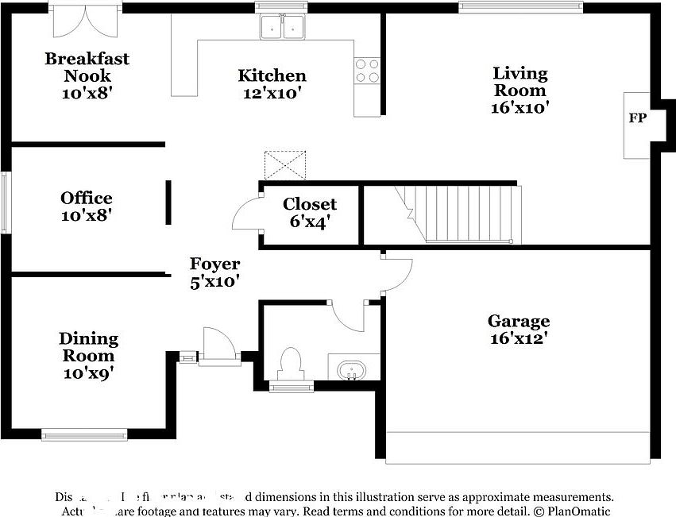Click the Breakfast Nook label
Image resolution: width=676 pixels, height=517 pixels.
pyautogui.click(x=87, y=75)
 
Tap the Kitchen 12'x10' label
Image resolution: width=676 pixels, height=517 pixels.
pyautogui.click(x=272, y=83)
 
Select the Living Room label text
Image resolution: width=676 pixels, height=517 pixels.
pyautogui.click(x=520, y=90)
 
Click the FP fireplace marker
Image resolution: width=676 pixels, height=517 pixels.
pyautogui.click(x=637, y=118)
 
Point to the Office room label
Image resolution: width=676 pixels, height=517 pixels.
pyautogui.click(x=87, y=206)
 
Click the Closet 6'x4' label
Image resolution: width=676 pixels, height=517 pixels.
pyautogui.click(x=310, y=212)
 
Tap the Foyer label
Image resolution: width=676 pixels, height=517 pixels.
pyautogui.click(x=214, y=272)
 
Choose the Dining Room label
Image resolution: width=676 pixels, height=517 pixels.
pyautogui.click(x=88, y=355)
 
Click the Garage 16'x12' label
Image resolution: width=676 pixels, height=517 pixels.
pyautogui.click(x=518, y=329)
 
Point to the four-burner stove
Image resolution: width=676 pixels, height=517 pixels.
pyautogui.click(x=367, y=71)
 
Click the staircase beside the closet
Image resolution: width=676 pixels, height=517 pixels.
pyautogui.click(x=461, y=214)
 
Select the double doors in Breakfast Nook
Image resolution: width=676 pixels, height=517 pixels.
pyautogui.click(x=87, y=22)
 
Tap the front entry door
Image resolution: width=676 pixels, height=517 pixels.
pyautogui.click(x=217, y=346)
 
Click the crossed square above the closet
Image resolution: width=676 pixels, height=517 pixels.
pyautogui.click(x=284, y=164)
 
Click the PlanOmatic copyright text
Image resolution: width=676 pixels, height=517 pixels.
pyautogui.click(x=572, y=511)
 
